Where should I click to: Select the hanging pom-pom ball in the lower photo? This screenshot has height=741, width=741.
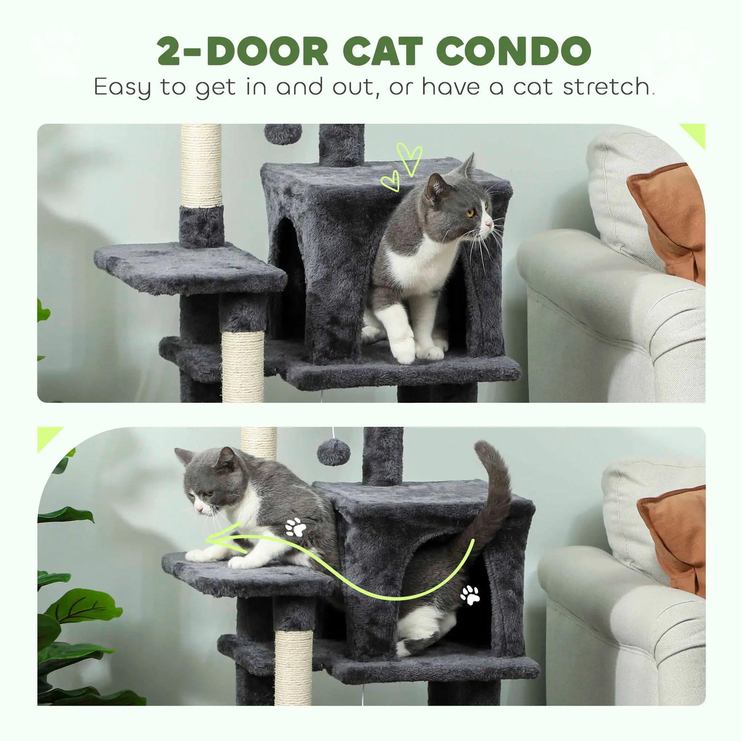[333, 453]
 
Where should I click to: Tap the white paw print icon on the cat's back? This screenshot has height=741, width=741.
[296, 527]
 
